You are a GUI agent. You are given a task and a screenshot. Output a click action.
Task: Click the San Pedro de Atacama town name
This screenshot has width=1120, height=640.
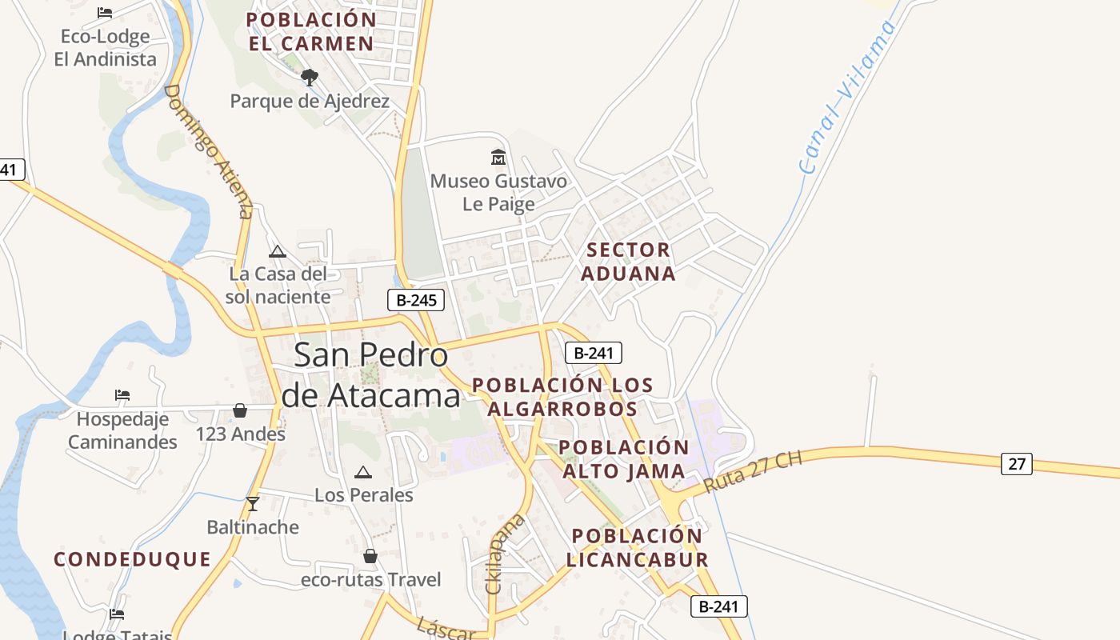(x=371, y=374)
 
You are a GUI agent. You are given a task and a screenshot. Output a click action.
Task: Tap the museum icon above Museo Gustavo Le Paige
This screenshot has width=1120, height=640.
(x=498, y=157)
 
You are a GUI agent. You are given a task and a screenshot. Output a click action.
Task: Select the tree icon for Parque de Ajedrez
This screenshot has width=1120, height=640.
(x=310, y=78)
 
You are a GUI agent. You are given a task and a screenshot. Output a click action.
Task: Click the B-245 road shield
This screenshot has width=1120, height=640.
(x=415, y=300)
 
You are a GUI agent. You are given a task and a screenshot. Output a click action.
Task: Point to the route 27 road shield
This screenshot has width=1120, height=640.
(x=1016, y=463)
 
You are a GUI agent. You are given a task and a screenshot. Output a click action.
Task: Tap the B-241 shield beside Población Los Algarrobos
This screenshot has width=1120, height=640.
(x=593, y=353)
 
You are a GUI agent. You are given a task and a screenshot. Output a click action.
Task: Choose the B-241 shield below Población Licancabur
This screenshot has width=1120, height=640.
(x=718, y=606)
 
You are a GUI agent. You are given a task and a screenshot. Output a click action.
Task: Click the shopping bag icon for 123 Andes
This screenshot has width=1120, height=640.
(x=240, y=410)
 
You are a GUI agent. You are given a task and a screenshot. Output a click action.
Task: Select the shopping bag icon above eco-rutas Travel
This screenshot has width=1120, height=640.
(x=370, y=555)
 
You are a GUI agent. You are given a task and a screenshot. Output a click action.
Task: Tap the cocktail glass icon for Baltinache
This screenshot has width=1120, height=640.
(x=253, y=503)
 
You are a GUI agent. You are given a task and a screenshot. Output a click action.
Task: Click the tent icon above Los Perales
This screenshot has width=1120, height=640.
(x=363, y=472)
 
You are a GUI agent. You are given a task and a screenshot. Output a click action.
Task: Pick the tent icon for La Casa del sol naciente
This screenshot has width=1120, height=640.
(x=278, y=251)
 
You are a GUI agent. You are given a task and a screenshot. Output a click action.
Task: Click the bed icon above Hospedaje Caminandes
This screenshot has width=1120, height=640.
(x=122, y=395)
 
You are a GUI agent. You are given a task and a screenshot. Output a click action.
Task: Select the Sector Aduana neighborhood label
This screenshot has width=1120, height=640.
(x=628, y=262)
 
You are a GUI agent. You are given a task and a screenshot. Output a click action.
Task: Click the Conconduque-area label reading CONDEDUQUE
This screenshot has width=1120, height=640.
(x=133, y=559)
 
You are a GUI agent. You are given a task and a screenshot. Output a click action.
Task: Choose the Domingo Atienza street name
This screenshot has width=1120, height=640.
(x=208, y=150)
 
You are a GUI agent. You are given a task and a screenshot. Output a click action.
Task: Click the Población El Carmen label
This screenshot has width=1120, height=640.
(x=311, y=31)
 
